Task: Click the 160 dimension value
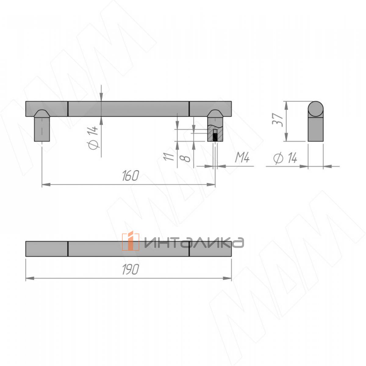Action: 130,176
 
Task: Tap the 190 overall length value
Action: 130,269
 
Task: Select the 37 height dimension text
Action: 278,120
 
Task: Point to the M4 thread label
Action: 242,158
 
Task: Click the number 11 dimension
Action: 169,156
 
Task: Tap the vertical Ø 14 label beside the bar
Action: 93,138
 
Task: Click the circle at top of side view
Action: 315,109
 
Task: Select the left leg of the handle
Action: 42,129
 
